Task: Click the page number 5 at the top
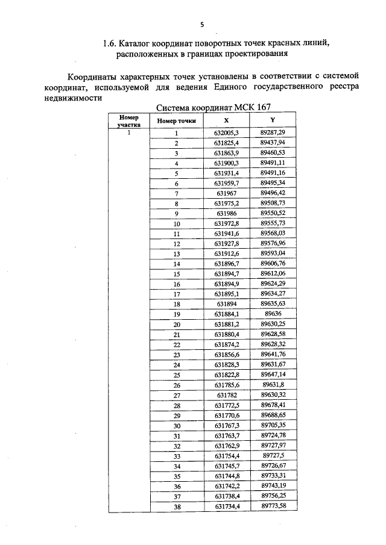[202, 24]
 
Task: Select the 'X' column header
[226, 120]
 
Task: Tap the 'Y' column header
[273, 120]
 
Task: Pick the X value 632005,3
[227, 132]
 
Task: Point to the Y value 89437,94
[273, 143]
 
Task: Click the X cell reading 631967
[227, 193]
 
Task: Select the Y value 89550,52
[273, 213]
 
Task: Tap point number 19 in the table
[177, 314]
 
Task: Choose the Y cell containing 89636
[273, 314]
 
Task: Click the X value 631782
[227, 395]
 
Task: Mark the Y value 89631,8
[273, 385]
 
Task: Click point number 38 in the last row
[177, 506]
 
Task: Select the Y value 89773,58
[273, 505]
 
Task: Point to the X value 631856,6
[227, 355]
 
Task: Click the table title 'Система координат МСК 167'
[214, 108]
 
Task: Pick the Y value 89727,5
[273, 456]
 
